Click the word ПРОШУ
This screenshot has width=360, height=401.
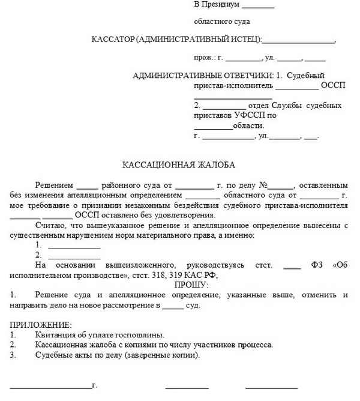tap(191, 285)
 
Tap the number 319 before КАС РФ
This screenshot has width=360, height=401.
tap(178, 275)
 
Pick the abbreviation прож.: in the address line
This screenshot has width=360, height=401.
tap(205, 58)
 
